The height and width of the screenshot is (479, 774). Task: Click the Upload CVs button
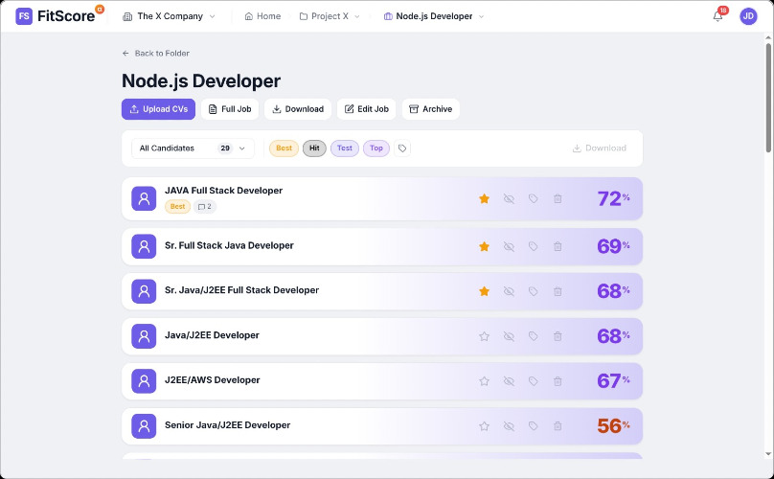[158, 109]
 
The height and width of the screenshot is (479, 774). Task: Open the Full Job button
[230, 109]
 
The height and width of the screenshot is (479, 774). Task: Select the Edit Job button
[366, 109]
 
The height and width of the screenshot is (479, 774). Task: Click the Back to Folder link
[156, 54]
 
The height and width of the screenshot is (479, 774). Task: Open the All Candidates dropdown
[193, 148]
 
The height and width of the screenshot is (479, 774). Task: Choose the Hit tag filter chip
[314, 148]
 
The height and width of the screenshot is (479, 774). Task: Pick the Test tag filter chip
[345, 148]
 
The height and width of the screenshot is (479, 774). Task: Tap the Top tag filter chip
[376, 148]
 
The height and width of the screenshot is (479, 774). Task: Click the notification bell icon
[717, 16]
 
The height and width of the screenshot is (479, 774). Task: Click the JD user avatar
[748, 16]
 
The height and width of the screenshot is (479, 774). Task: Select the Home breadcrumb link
[262, 16]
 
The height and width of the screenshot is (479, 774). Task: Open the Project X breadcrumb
[330, 16]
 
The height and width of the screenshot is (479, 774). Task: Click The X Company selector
[169, 16]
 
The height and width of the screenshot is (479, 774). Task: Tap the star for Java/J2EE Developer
[485, 336]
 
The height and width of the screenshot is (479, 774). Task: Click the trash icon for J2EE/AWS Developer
[558, 381]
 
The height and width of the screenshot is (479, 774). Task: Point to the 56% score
[613, 425]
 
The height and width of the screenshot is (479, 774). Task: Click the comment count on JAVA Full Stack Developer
[205, 206]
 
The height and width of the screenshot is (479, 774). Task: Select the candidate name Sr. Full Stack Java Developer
[229, 245]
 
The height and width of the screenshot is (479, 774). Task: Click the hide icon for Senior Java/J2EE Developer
[509, 426]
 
